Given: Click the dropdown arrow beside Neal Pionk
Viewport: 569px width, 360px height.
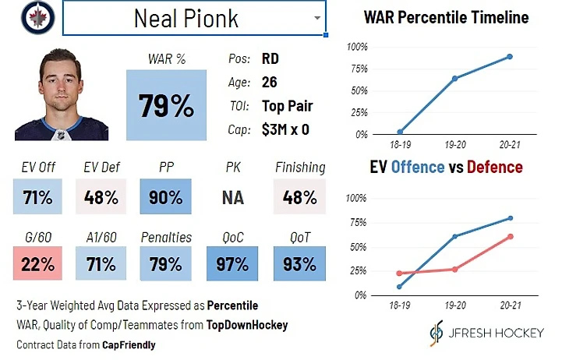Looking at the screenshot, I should [316, 17].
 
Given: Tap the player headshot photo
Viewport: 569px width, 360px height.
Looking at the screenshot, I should [72, 96].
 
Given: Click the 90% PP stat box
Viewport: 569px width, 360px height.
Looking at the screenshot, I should [164, 197].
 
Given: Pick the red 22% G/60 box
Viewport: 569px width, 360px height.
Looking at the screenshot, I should [37, 263].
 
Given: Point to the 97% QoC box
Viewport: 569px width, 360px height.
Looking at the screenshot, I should [232, 263].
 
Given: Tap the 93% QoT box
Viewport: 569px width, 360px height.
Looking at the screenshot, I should [300, 263].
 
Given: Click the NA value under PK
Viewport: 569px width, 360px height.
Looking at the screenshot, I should [232, 198].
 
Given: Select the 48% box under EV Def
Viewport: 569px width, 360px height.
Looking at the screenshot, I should [101, 197].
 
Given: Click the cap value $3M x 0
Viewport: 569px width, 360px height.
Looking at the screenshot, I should [286, 129].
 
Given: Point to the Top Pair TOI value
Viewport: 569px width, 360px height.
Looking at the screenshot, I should [288, 106].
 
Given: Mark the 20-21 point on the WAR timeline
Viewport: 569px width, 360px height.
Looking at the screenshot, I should [509, 57].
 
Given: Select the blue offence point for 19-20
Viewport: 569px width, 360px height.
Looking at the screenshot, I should [454, 236].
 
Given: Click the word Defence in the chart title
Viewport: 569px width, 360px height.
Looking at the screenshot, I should [496, 168].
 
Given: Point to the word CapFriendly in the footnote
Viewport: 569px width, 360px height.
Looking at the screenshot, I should [130, 344].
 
